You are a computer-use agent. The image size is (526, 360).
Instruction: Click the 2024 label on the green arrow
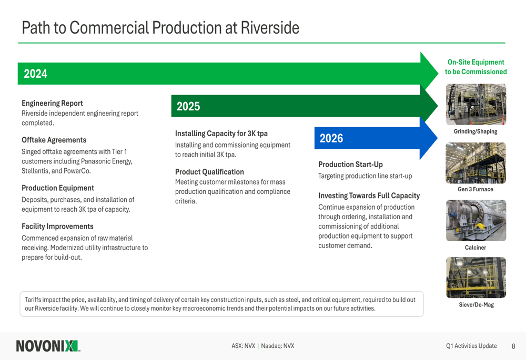tap(36, 74)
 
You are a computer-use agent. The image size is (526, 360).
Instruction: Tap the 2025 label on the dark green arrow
tap(188, 106)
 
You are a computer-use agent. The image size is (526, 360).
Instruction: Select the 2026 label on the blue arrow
tap(331, 138)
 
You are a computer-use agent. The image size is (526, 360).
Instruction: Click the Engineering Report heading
tap(52, 103)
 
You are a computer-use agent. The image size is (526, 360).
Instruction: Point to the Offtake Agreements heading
tap(54, 140)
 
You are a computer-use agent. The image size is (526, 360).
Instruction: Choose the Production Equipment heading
tap(58, 188)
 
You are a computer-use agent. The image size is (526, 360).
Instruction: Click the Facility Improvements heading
tap(58, 227)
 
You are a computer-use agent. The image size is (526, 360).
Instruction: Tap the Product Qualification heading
tap(210, 172)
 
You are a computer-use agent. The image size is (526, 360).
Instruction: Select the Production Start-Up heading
tap(350, 164)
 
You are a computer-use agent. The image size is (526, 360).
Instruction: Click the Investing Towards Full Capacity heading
tap(369, 196)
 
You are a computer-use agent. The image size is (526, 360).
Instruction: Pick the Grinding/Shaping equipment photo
tap(476, 104)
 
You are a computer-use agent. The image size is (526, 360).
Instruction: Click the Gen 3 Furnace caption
tap(476, 189)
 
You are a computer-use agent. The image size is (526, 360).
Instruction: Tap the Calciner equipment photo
tap(476, 221)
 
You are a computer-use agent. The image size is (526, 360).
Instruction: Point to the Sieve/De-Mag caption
tap(477, 305)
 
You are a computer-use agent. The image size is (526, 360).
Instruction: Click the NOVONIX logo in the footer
tap(48, 346)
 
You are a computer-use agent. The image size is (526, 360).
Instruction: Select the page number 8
tap(513, 346)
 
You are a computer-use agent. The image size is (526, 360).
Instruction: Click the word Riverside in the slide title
tap(270, 28)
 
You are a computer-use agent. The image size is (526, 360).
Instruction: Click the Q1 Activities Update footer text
tap(471, 346)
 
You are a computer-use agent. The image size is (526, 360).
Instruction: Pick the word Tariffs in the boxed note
tap(33, 300)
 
